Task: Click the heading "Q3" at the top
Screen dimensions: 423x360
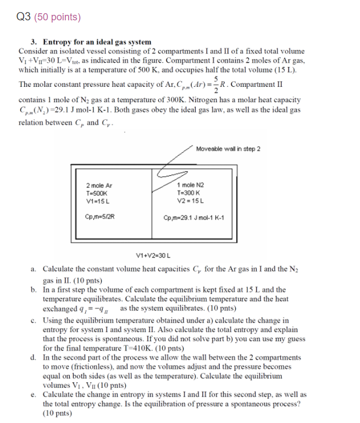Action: coord(23,17)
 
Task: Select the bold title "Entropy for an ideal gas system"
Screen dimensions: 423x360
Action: coord(97,42)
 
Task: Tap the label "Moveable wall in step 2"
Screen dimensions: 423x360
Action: coord(228,149)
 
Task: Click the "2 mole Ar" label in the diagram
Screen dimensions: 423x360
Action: coord(99,186)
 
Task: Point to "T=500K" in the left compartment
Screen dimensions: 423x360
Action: coord(97,193)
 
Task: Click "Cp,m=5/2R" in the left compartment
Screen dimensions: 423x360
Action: coord(101,217)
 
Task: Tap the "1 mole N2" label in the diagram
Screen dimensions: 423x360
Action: coord(190,186)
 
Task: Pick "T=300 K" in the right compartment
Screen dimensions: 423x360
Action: coord(190,193)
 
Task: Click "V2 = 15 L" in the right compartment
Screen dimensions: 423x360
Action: coord(190,201)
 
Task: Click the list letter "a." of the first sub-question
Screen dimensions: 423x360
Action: coord(34,270)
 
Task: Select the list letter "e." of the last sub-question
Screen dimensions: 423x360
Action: coord(34,395)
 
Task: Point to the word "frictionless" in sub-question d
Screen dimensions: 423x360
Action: coord(88,366)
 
